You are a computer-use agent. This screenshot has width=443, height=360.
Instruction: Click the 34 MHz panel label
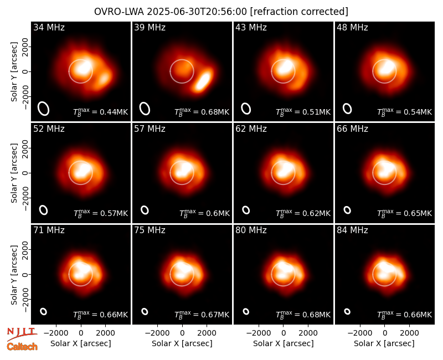tap(49, 27)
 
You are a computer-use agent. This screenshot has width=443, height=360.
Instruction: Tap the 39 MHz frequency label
tap(150, 27)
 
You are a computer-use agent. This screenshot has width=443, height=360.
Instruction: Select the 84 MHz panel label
tap(352, 230)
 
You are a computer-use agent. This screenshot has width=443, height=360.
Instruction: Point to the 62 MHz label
tap(251, 129)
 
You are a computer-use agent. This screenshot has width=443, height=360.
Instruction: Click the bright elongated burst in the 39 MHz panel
tap(203, 80)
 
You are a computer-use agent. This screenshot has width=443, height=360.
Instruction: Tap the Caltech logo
tap(22, 347)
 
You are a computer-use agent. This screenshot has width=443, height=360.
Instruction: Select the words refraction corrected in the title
tap(299, 12)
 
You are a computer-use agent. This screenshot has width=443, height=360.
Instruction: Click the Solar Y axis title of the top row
tap(14, 72)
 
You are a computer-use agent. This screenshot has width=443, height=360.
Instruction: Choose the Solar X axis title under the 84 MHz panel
tap(384, 343)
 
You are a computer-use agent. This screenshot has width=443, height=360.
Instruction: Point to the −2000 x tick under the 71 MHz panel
tap(56, 333)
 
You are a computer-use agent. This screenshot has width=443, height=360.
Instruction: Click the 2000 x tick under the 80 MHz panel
tap(308, 333)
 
